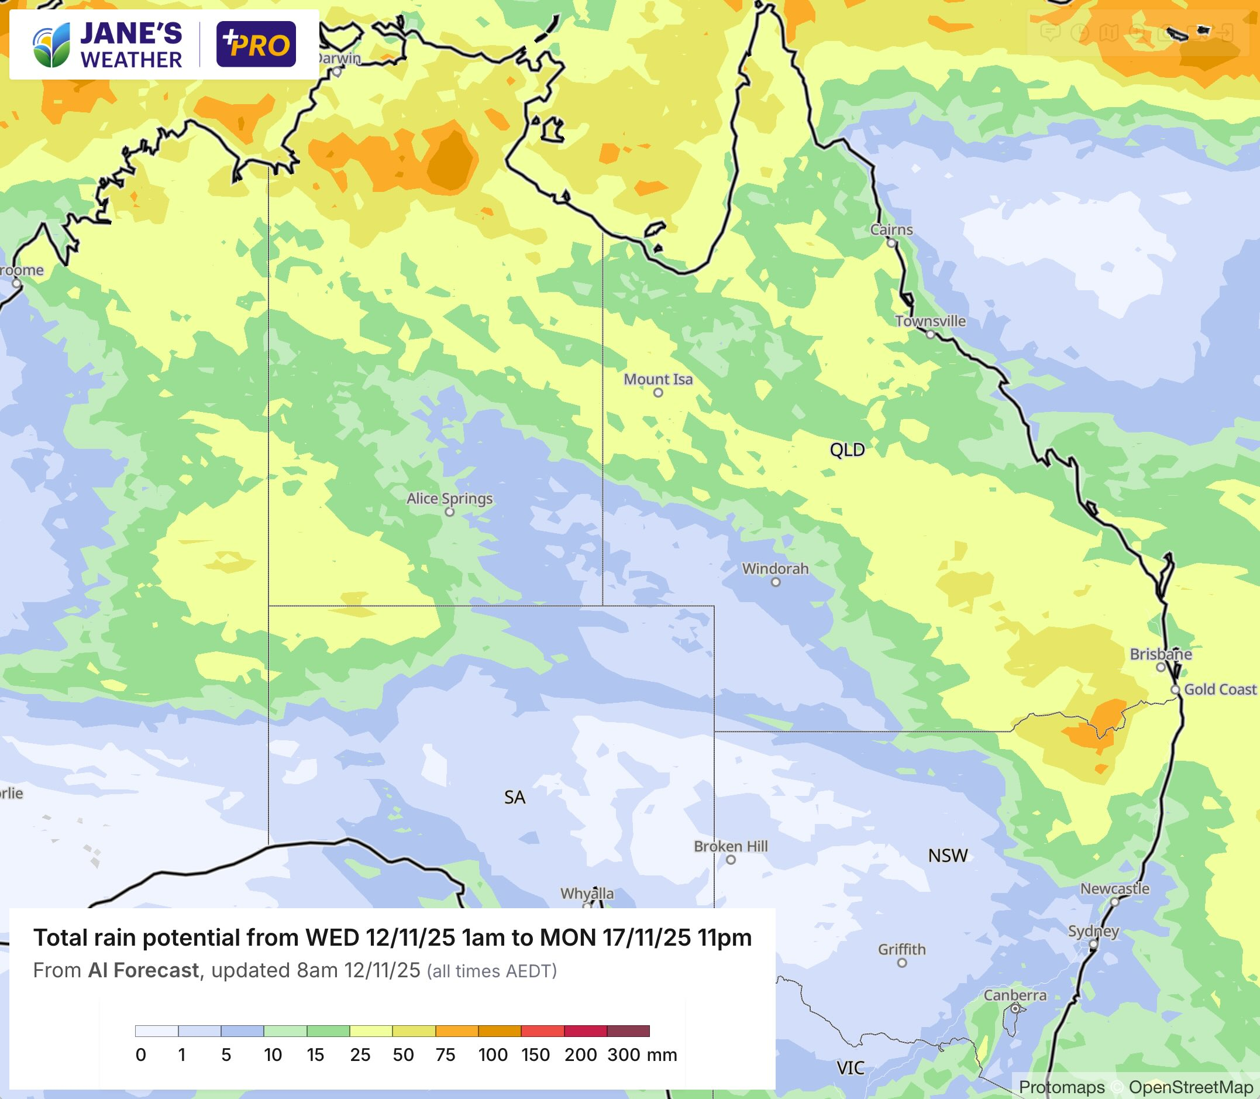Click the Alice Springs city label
click(449, 498)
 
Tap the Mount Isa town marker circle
click(658, 393)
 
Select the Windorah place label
click(775, 568)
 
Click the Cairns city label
click(891, 229)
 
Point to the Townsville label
click(929, 321)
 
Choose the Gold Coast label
click(1220, 689)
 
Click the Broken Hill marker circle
click(730, 860)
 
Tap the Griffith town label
click(901, 949)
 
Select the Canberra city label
click(1015, 995)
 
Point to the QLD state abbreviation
click(847, 449)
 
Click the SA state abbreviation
click(514, 797)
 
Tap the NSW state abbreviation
click(947, 856)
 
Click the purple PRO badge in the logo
click(256, 44)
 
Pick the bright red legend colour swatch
click(542, 1031)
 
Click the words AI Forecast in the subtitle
click(143, 970)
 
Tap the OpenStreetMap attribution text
click(1190, 1087)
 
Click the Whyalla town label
click(586, 893)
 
